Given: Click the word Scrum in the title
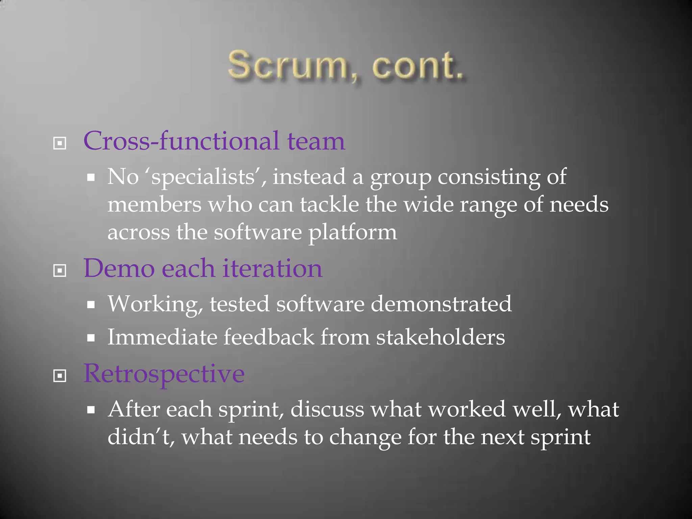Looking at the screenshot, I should point(287,66).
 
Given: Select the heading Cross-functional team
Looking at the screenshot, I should point(214,141).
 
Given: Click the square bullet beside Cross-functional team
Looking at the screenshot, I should point(60,143).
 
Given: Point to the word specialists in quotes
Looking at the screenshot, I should point(203,177).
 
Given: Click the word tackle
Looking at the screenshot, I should point(329,205).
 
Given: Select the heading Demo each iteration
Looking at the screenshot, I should point(203,269).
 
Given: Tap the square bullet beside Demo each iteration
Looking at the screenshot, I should point(60,270).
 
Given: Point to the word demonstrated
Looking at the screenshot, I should point(441,304).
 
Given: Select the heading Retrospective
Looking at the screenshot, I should point(164,374).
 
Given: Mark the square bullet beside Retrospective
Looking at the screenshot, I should point(60,375).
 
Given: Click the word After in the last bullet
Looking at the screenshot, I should point(134,409).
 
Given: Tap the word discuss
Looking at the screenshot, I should point(327,409).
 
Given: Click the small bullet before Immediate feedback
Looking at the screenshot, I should point(91,338).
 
